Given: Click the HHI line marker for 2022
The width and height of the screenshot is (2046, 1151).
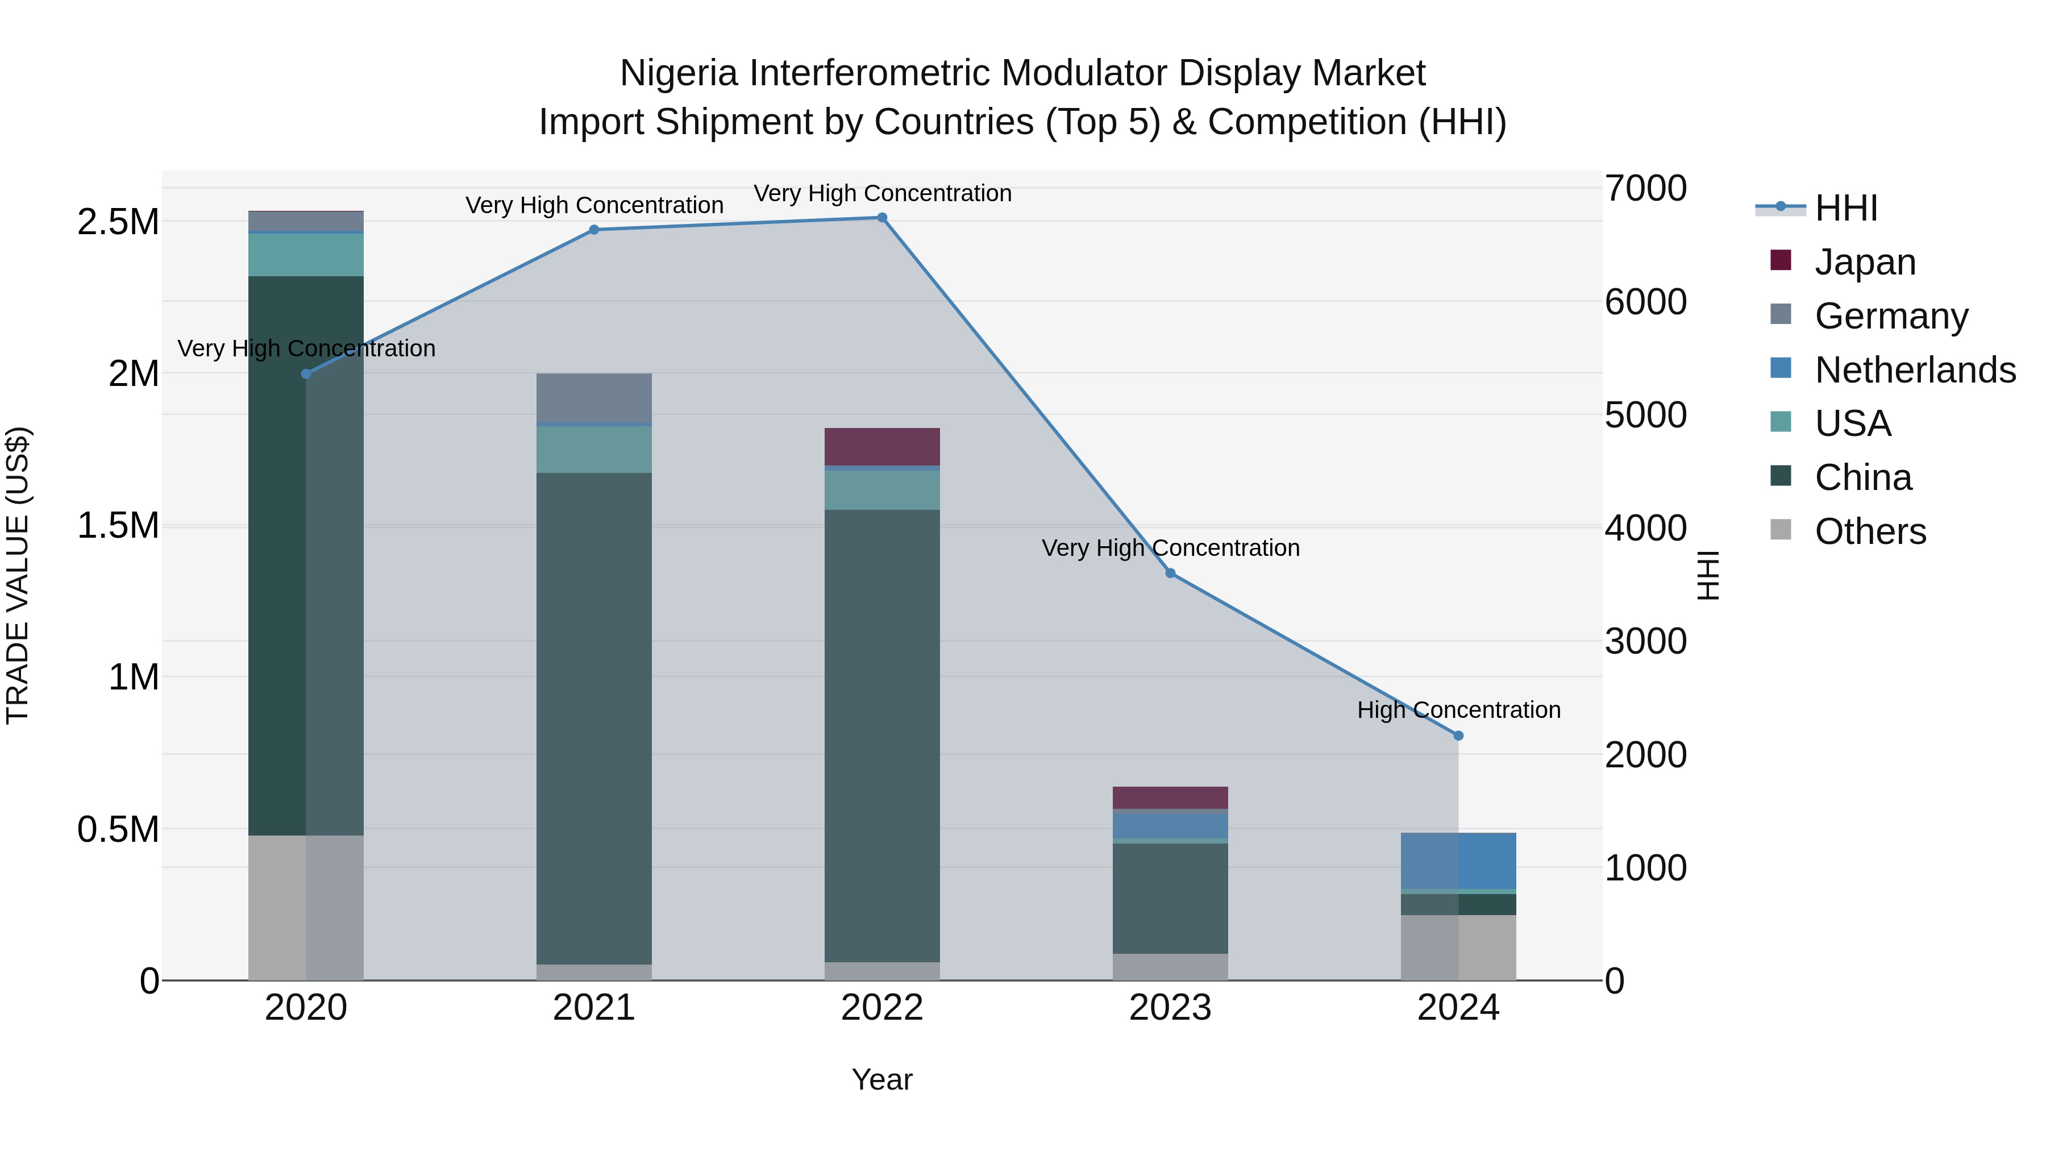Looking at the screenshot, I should point(881,218).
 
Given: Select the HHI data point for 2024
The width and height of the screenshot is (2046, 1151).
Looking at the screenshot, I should point(1458,736).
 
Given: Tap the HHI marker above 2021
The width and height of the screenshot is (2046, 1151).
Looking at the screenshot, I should point(594,230).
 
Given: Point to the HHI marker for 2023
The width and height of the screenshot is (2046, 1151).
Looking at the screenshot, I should point(1170,573).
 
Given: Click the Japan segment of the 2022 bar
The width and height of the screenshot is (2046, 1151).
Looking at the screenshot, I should point(881,446).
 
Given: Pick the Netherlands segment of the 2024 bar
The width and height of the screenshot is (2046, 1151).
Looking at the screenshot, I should point(1458,861).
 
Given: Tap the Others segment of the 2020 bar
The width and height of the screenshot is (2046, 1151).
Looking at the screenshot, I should point(306,907).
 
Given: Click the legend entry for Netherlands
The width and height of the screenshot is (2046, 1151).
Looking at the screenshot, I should point(1915,369).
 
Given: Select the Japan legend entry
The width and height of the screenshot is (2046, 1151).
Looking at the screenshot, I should point(1865,261).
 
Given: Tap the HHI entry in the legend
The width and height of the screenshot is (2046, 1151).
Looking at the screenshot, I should point(1846,208).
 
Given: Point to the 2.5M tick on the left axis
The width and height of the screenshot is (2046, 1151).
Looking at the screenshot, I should point(118,222).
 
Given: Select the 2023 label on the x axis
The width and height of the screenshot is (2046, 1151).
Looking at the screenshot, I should point(1170,1008).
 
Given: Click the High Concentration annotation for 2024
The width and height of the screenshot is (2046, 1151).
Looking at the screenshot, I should point(1458,709).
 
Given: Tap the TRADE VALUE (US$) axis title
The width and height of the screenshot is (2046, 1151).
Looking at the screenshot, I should point(18,575).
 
